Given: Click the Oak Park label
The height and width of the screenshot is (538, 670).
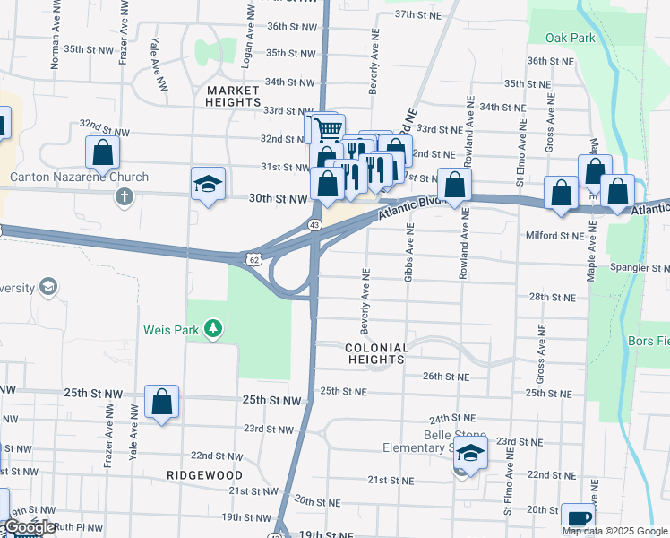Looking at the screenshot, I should tap(570, 38).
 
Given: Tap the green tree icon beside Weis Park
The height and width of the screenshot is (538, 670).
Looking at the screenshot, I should tap(212, 330).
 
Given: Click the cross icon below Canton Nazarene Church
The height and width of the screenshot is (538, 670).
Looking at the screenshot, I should tap(124, 195).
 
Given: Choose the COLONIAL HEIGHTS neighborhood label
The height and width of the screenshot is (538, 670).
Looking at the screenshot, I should tap(377, 353).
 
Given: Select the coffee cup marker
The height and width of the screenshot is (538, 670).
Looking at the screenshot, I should tap(578, 518).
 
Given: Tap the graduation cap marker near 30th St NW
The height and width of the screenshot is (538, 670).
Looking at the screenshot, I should tap(208, 184).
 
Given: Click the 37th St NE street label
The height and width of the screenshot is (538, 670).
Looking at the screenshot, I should tap(419, 14).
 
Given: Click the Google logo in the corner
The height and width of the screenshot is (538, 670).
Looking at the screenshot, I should tap(30, 528).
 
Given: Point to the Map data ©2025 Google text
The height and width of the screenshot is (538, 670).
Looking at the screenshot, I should tap(614, 531).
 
